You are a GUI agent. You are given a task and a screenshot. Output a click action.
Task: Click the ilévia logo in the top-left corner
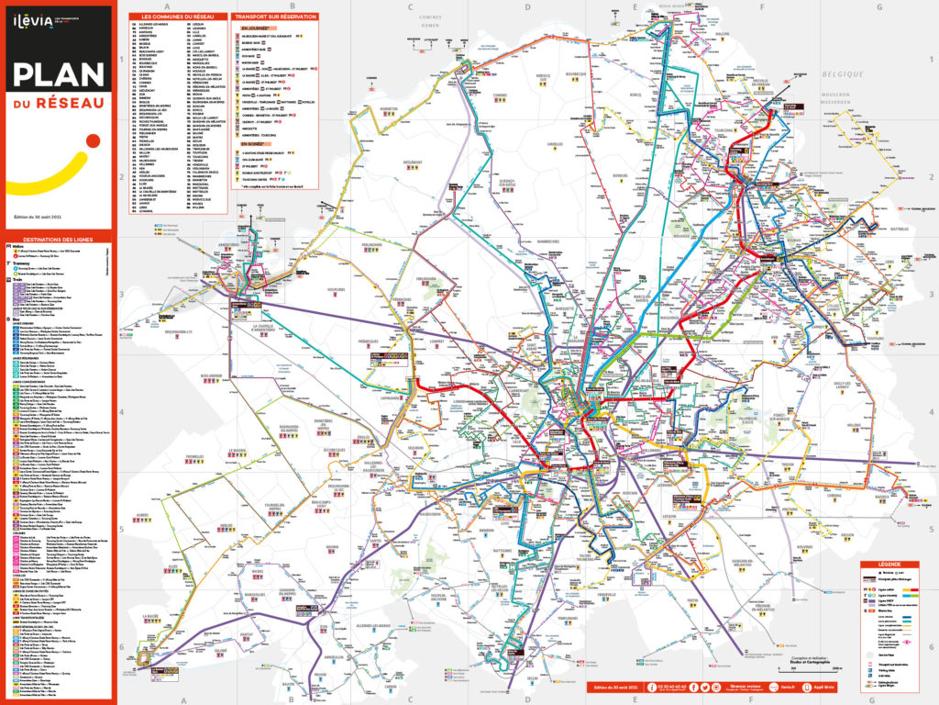(x=34, y=31)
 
